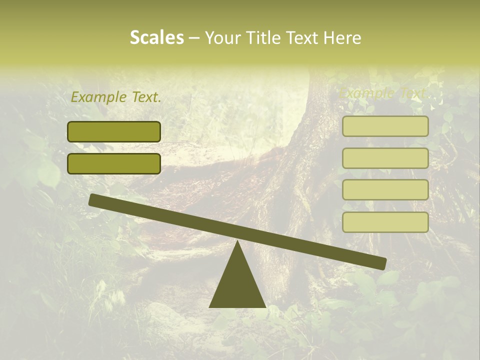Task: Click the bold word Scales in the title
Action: pyautogui.click(x=156, y=37)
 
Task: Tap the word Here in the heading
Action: pyautogui.click(x=343, y=37)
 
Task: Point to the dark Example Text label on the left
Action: pyautogui.click(x=116, y=97)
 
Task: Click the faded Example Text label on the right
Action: pyautogui.click(x=383, y=93)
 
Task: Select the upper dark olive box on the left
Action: pyautogui.click(x=114, y=131)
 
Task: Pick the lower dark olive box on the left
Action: pyautogui.click(x=114, y=163)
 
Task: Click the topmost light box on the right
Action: pyautogui.click(x=385, y=126)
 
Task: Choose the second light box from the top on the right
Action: pyautogui.click(x=385, y=158)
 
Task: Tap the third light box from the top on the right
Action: pyautogui.click(x=385, y=190)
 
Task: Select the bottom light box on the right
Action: pyautogui.click(x=385, y=222)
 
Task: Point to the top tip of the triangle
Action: pyautogui.click(x=237, y=242)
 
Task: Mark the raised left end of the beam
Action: pyautogui.click(x=93, y=199)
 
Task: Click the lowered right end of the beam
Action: pyautogui.click(x=382, y=263)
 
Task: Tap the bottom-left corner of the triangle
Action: pyautogui.click(x=210, y=306)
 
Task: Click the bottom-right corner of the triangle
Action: pyautogui.click(x=265, y=306)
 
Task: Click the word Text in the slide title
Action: pyautogui.click(x=305, y=37)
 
